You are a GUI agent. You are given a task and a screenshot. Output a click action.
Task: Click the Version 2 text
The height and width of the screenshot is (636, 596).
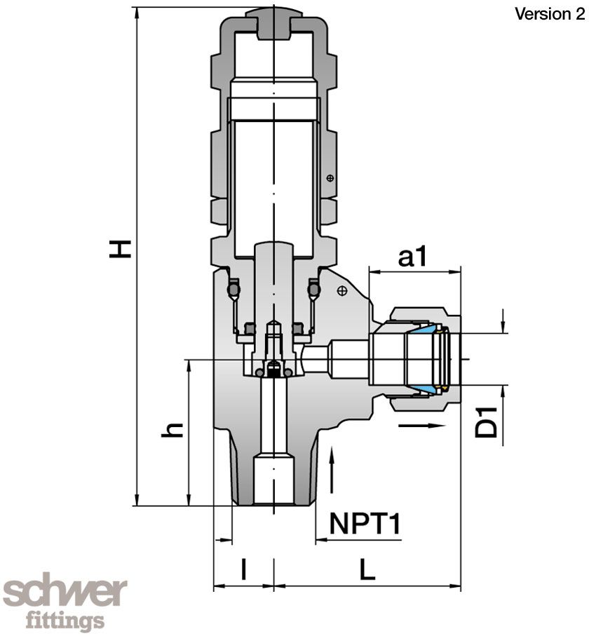pyautogui.click(x=549, y=15)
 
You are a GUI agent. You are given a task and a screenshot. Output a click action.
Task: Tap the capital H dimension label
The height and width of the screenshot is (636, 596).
pyautogui.click(x=120, y=248)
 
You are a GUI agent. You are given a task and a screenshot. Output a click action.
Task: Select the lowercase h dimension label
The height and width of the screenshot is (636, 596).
pyautogui.click(x=172, y=429)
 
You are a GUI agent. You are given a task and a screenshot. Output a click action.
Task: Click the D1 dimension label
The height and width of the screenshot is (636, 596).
pyautogui.click(x=487, y=421)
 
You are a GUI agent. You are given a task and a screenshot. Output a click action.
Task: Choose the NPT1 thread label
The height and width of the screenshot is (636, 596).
pyautogui.click(x=365, y=524)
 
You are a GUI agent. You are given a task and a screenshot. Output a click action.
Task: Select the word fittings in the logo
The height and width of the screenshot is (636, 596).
pyautogui.click(x=65, y=621)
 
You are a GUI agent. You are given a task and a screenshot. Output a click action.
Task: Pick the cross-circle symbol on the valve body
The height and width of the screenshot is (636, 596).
pyautogui.click(x=342, y=290)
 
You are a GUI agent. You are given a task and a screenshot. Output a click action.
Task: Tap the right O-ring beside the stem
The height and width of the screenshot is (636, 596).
pyautogui.click(x=314, y=287)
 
